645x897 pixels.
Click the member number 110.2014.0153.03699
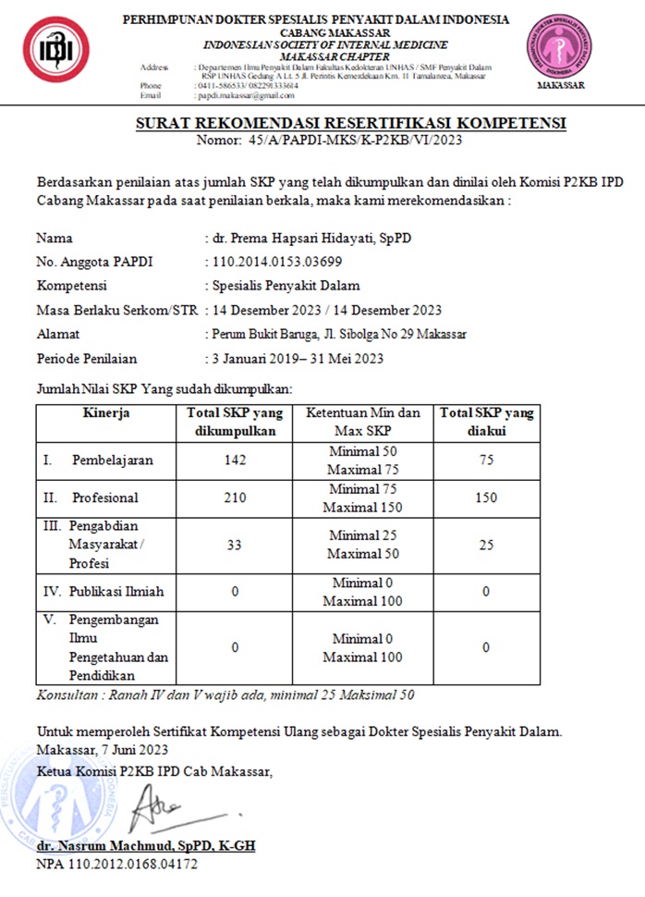[x=277, y=262]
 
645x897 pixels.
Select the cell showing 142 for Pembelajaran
[x=235, y=460]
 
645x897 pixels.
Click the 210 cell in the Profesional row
[x=235, y=498]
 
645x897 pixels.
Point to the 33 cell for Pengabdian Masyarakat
[x=235, y=545]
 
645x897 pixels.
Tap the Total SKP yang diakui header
[x=486, y=422]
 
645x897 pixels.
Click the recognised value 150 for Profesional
[x=486, y=498]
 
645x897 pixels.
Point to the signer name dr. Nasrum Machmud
[x=146, y=846]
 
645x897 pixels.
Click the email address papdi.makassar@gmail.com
[x=245, y=95]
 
